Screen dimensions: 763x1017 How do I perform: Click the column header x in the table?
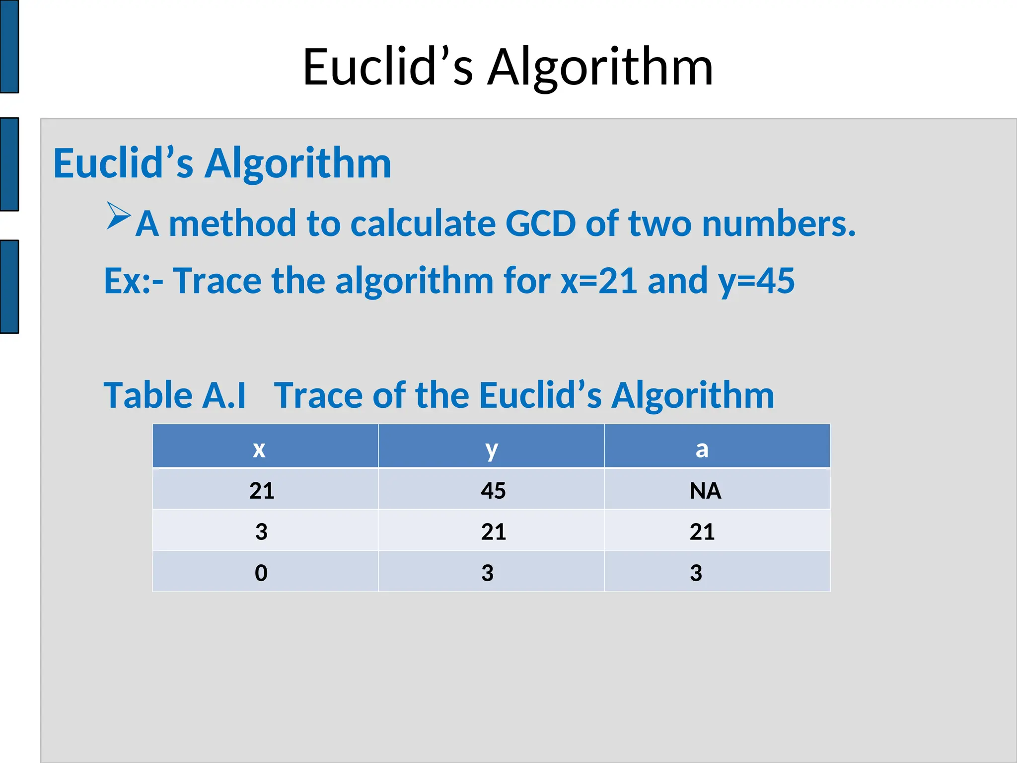[259, 449]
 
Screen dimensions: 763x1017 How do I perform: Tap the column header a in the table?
[702, 449]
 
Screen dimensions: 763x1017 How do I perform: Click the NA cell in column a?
[705, 491]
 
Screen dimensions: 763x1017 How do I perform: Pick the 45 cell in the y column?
[493, 491]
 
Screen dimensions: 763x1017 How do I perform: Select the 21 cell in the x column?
[262, 491]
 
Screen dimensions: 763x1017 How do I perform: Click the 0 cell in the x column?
[261, 573]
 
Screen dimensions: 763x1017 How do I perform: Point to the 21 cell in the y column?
[493, 532]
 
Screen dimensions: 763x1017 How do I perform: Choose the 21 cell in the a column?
[702, 532]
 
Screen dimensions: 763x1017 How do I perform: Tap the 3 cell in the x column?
[261, 532]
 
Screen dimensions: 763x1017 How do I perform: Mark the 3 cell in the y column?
[487, 573]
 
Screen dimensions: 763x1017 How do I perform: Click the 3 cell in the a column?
[696, 573]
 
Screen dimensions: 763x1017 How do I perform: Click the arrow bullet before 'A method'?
[118, 216]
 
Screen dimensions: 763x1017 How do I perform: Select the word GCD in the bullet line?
[540, 224]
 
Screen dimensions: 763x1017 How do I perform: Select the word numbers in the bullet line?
[779, 224]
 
